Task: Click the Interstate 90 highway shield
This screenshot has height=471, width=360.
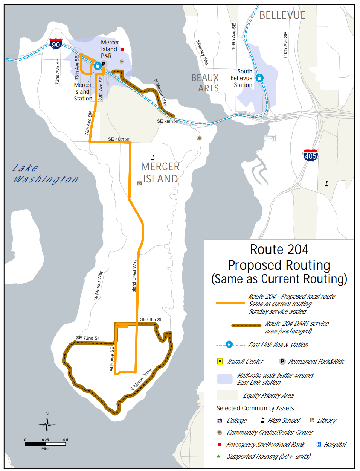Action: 56,44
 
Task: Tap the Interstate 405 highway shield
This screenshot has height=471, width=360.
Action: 310,155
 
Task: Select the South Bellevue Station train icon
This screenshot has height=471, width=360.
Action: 259,78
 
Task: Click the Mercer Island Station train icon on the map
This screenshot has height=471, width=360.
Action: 98,66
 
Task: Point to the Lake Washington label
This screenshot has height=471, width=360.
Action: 45,174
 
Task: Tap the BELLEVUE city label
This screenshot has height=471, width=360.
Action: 282,15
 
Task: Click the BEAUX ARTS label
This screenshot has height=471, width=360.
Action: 205,83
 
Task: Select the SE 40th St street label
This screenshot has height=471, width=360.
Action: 119,139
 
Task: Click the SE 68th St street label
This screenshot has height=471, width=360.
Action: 151,319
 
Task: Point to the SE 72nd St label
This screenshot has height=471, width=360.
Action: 87,338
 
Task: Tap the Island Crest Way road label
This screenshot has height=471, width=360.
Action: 134,277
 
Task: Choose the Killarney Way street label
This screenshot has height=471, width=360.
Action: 202,53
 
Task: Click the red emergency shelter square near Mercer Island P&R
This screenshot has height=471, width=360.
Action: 123,49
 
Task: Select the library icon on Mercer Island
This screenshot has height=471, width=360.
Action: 139,184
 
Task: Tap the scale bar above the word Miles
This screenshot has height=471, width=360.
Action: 45,444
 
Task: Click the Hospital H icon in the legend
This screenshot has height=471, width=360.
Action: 319,444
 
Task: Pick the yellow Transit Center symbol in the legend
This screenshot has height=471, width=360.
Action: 220,362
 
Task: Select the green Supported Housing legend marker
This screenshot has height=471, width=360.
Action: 218,456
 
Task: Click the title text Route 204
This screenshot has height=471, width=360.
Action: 279,249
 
